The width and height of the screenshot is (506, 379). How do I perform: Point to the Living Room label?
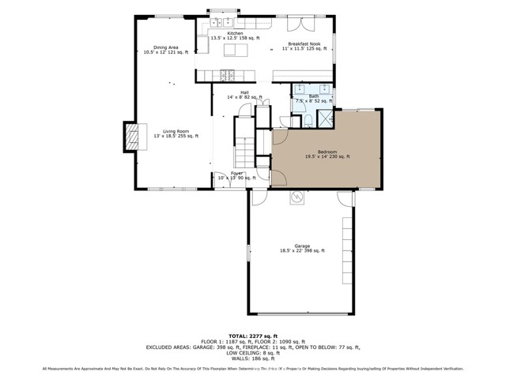click(x=176, y=134)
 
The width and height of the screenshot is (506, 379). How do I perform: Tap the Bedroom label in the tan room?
click(x=327, y=154)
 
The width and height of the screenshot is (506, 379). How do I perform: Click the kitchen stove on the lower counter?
click(x=227, y=77)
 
